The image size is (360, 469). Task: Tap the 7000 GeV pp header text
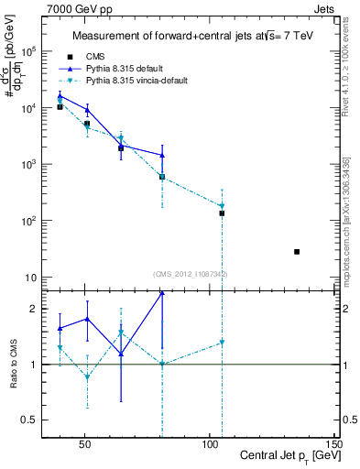click(75, 8)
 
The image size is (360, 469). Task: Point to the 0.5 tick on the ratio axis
click(32, 420)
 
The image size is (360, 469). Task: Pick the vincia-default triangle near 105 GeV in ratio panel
click(222, 343)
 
